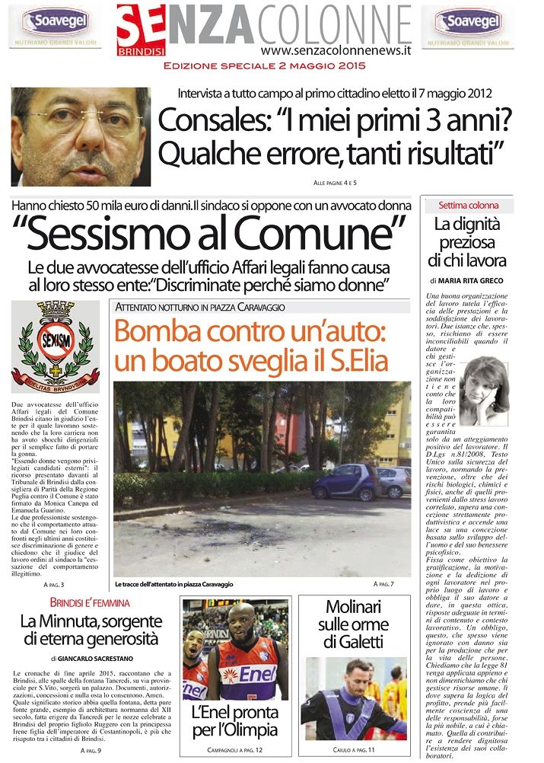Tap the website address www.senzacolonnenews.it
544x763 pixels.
click(x=336, y=50)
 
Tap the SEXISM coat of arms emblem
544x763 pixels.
click(x=55, y=344)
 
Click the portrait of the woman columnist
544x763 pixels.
click(x=485, y=391)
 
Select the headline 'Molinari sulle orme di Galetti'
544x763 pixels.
click(x=352, y=624)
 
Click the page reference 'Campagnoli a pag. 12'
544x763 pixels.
click(x=234, y=750)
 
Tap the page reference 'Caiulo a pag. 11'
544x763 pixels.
click(x=352, y=750)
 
